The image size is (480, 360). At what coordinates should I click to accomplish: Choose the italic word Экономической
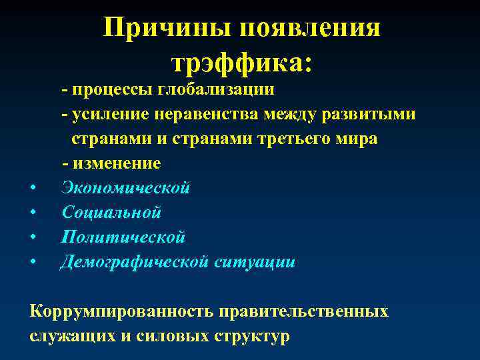(126, 188)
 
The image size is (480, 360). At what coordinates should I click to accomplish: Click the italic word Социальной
(111, 213)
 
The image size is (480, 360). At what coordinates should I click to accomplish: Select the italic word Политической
(123, 237)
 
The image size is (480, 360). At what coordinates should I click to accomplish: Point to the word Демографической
(135, 261)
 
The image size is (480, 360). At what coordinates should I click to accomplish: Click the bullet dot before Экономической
(33, 189)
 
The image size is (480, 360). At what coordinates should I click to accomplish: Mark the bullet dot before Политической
(33, 237)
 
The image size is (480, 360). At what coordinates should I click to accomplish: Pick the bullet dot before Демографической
(33, 262)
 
